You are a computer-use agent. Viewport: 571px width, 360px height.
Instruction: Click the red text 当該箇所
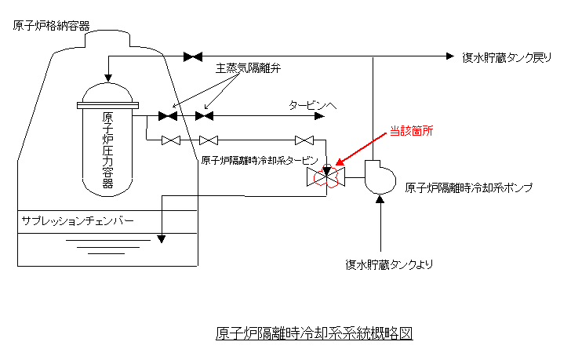pyautogui.click(x=410, y=133)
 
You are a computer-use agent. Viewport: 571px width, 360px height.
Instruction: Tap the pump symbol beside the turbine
pyautogui.click(x=380, y=176)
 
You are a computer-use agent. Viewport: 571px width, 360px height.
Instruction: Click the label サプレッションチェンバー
pyautogui.click(x=78, y=221)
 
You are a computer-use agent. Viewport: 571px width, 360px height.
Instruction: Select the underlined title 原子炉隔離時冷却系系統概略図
pyautogui.click(x=314, y=333)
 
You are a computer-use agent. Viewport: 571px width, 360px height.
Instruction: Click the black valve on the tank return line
pyautogui.click(x=192, y=56)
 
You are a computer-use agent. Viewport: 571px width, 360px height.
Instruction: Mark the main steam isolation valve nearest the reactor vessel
pyautogui.click(x=167, y=116)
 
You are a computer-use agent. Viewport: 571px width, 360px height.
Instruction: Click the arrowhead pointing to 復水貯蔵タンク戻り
pyautogui.click(x=449, y=56)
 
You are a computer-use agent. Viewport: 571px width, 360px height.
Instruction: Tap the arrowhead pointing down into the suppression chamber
pyautogui.click(x=161, y=238)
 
